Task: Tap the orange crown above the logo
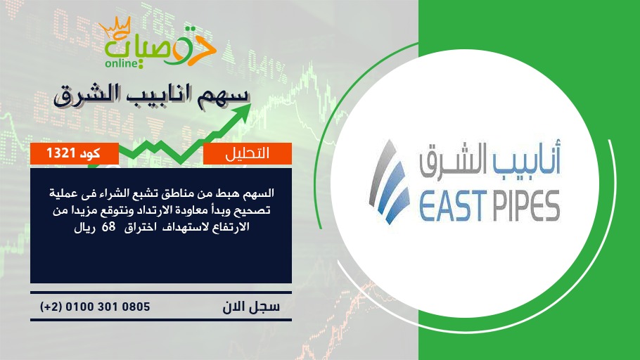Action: (x=115, y=27)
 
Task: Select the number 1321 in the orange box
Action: (x=60, y=153)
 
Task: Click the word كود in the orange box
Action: (x=89, y=153)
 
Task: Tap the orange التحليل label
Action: (x=248, y=153)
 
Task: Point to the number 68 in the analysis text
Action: (x=108, y=227)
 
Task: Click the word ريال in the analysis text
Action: (x=84, y=227)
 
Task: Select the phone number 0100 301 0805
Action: (x=108, y=307)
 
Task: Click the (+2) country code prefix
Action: (x=51, y=307)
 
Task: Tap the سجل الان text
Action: (x=251, y=307)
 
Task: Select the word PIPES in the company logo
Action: (x=524, y=206)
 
